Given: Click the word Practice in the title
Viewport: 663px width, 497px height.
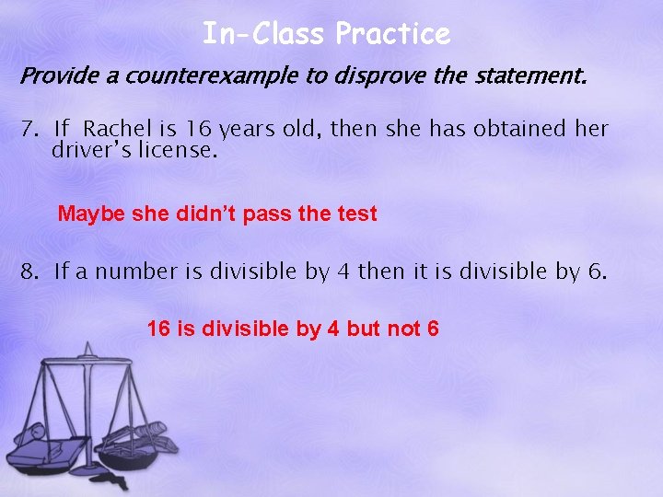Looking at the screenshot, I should pos(393,35).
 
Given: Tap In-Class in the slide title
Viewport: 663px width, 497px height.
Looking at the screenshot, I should pos(265,35).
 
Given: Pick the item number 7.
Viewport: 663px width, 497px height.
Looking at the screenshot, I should pos(28,129).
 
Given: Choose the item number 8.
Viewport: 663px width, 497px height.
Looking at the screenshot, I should pos(28,272).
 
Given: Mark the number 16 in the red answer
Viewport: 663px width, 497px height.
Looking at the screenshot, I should pos(158,328).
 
